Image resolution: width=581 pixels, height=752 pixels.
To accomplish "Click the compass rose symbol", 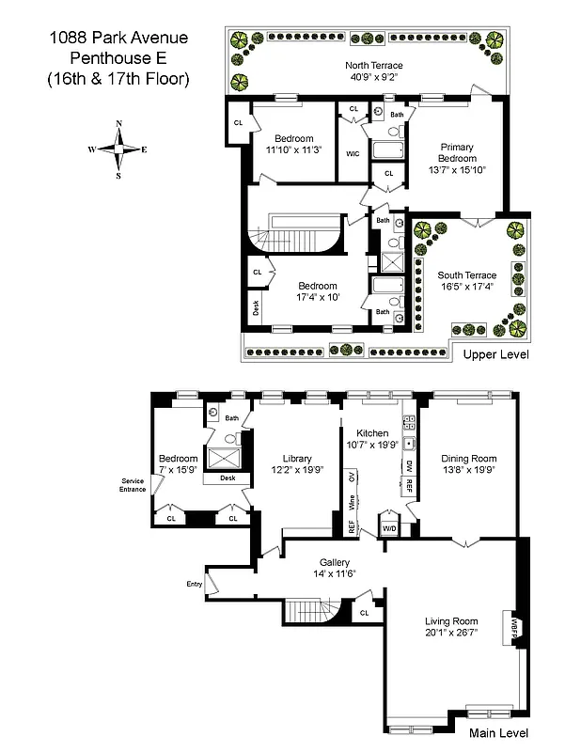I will coord(118,149).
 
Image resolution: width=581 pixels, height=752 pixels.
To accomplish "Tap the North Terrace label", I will coord(373,66).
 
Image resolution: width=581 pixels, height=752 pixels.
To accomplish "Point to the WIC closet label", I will coord(353,153).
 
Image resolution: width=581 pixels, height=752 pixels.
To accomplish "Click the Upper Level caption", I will coord(495,354).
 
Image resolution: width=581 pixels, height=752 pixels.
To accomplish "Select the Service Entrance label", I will coord(133,485).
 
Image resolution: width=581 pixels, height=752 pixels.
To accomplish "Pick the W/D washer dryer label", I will coord(388,527).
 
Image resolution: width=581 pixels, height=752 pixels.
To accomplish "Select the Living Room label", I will coord(451,621).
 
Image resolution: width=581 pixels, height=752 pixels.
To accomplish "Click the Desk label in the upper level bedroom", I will coord(255,306).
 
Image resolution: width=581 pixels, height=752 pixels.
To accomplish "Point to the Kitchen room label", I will coord(373,432).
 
